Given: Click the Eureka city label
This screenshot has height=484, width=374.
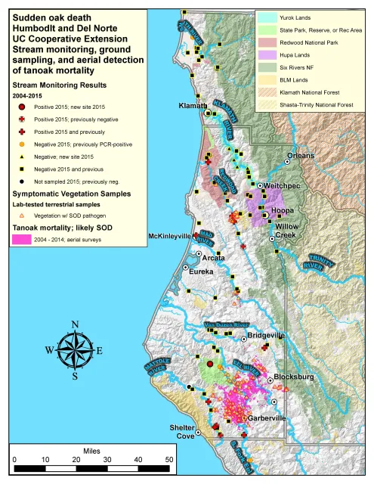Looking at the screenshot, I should coord(201,271).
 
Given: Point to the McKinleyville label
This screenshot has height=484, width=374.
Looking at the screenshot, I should coord(170,237).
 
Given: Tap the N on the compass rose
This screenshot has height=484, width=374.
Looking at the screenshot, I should coord(74,325).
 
